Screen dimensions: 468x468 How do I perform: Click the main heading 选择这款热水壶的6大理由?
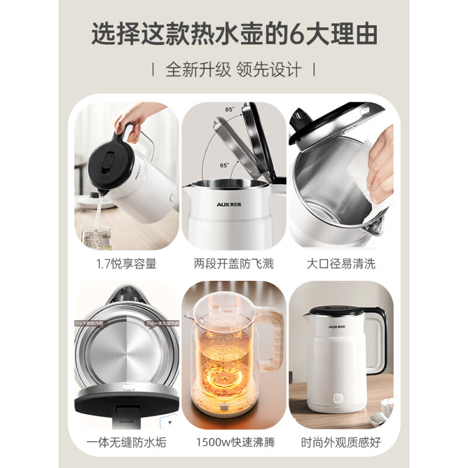coord(234,34)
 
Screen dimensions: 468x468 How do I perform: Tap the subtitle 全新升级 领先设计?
coord(234,70)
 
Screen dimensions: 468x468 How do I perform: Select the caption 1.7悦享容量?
coord(126,264)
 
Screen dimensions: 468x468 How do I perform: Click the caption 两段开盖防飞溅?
coord(234,264)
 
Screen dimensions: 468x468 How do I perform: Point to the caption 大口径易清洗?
coord(341,264)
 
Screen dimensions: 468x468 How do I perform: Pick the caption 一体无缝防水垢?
coord(126,443)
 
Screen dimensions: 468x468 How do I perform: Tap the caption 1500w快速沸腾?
coord(234,443)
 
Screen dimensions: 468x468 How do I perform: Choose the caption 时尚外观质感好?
coord(341,443)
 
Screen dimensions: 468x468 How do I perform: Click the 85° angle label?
coord(229,109)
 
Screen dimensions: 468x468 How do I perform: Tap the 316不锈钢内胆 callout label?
coord(91,323)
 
